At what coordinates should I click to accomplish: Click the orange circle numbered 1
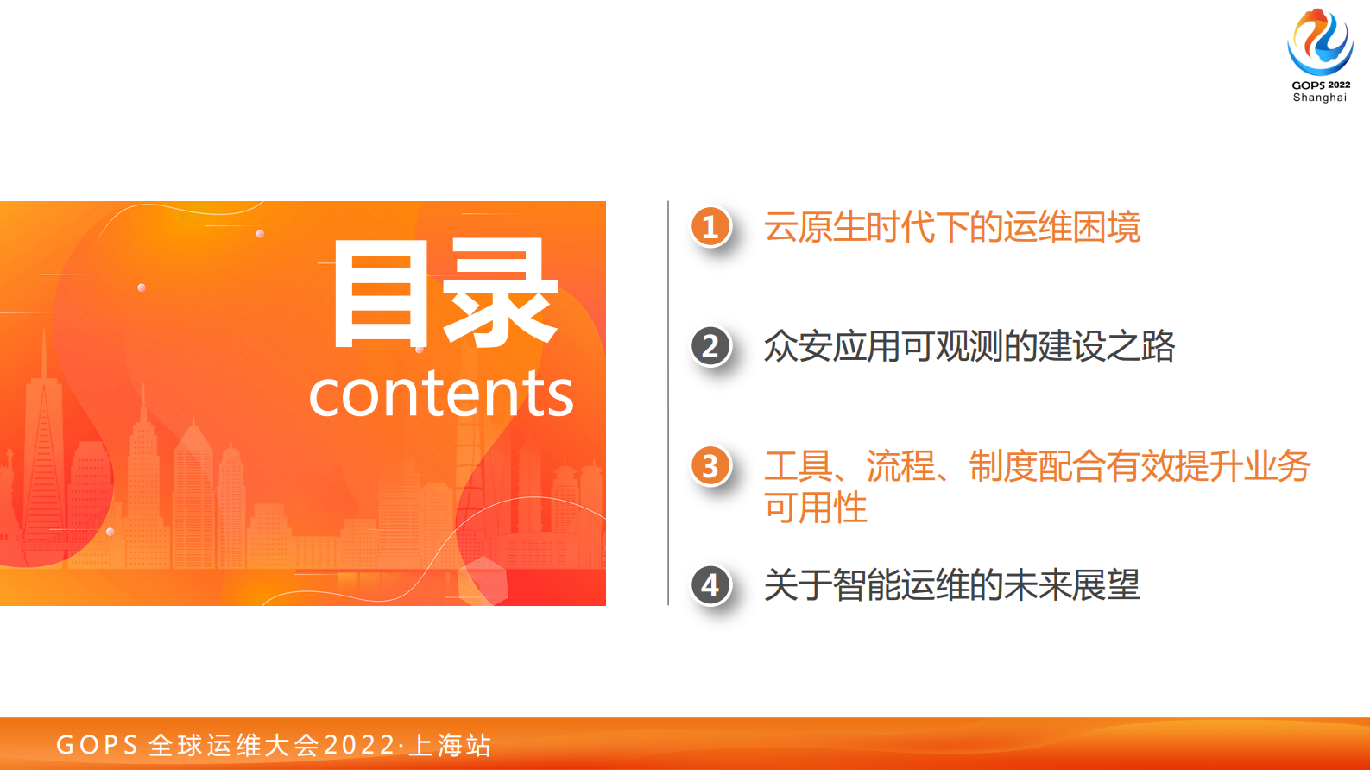[x=710, y=226]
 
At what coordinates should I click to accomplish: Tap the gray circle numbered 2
[x=710, y=346]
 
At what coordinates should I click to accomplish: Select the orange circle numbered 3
[x=710, y=466]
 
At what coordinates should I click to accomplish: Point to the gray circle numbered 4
[x=710, y=585]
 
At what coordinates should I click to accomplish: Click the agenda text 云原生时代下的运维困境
[x=951, y=227]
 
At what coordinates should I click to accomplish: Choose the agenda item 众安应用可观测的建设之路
[x=969, y=346]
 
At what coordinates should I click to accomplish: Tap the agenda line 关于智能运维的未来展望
[x=951, y=585]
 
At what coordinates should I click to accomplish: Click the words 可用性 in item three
[x=815, y=508]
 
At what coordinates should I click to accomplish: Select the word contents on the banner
[x=441, y=394]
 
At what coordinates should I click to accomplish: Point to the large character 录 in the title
[x=500, y=294]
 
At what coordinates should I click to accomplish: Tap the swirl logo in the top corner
[x=1320, y=42]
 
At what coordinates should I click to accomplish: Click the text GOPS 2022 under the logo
[x=1321, y=85]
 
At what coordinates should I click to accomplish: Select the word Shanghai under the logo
[x=1320, y=98]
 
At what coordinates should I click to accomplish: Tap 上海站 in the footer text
[x=450, y=745]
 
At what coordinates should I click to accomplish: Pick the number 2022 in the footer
[x=359, y=745]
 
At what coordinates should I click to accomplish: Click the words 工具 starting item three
[x=798, y=466]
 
